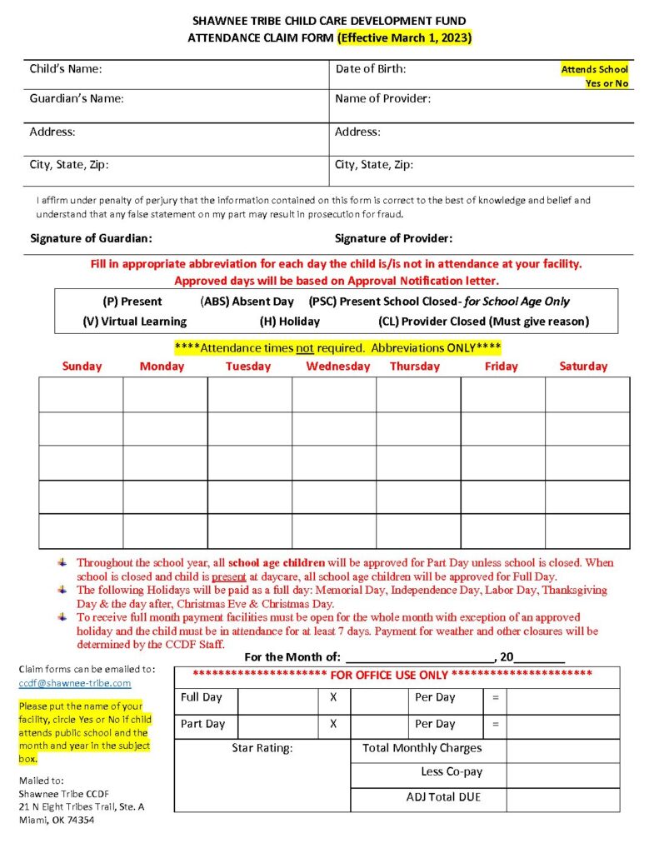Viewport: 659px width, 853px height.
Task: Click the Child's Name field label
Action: click(66, 69)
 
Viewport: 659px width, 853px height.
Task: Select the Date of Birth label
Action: click(371, 69)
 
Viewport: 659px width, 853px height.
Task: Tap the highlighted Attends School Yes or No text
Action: click(594, 77)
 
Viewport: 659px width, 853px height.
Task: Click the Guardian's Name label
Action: click(77, 98)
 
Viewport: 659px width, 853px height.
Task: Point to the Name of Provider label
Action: click(382, 98)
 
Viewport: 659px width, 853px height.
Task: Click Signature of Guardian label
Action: click(91, 238)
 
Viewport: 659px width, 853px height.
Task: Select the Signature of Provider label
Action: click(393, 238)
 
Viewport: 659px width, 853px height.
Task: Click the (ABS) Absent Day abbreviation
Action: click(247, 302)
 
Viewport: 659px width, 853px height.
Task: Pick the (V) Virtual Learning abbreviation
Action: click(135, 321)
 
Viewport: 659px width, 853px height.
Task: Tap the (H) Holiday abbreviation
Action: click(289, 321)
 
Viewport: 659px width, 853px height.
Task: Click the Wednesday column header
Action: click(337, 367)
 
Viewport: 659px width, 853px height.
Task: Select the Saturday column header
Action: click(583, 367)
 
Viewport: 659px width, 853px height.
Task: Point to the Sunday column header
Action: click(82, 367)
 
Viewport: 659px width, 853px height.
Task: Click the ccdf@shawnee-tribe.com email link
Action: click(75, 683)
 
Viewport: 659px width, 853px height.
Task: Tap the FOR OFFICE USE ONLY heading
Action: click(392, 674)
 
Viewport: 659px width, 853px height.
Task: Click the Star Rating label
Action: click(262, 748)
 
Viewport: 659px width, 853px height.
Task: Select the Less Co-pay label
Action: click(452, 772)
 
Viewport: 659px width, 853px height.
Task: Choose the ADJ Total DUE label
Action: click(443, 797)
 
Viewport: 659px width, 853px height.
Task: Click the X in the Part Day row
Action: click(333, 724)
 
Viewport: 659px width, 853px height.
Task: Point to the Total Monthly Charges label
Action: click(422, 748)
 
